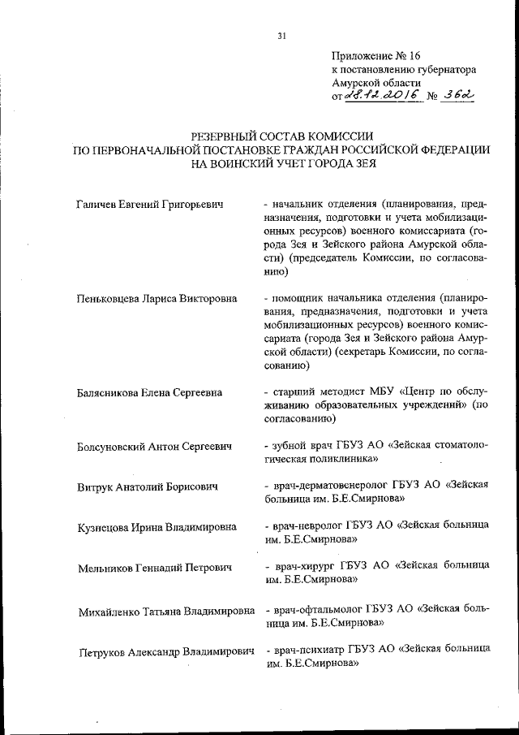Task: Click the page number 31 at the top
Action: pyautogui.click(x=281, y=35)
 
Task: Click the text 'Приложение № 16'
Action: pyautogui.click(x=377, y=56)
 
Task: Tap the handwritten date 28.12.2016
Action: pyautogui.click(x=381, y=95)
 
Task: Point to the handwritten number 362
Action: pyautogui.click(x=457, y=95)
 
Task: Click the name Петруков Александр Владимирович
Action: pyautogui.click(x=165, y=651)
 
